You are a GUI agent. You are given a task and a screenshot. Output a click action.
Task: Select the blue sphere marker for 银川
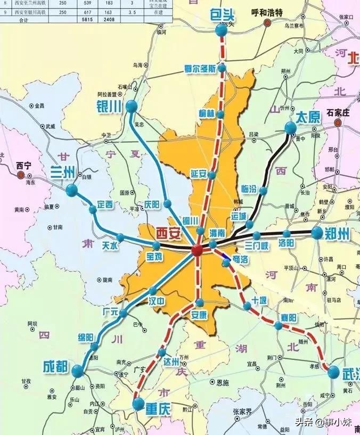(131, 107)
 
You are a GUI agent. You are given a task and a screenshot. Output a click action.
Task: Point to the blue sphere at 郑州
(317, 232)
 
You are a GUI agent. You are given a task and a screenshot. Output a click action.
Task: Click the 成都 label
(56, 366)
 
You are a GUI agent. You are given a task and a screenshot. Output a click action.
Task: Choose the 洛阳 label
(286, 243)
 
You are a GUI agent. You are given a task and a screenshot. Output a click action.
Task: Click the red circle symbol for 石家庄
(337, 122)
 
